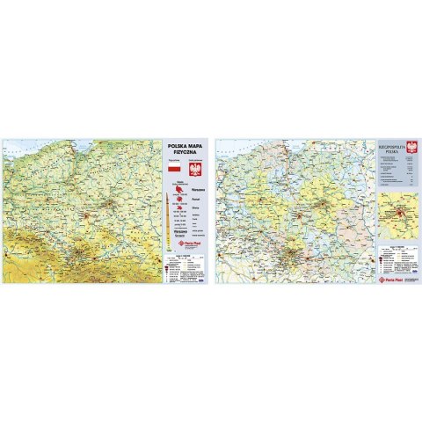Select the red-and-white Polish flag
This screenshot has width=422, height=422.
173,167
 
